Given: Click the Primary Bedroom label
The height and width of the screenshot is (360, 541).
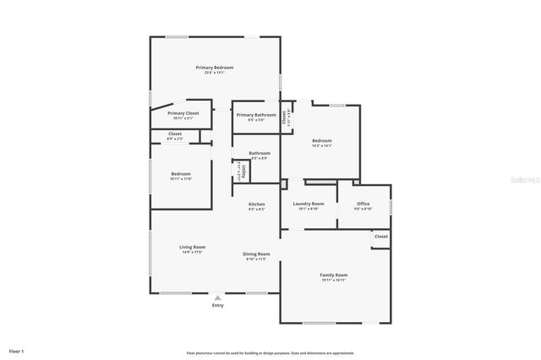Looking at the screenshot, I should (215, 67).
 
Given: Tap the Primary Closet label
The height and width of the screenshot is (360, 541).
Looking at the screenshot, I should (183, 113).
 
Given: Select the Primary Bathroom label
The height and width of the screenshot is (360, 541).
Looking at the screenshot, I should (256, 115).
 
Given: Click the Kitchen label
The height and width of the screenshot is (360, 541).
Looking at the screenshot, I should (256, 204).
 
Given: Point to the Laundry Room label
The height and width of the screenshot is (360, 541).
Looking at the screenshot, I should (309, 204).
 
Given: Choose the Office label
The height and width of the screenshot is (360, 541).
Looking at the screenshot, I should (363, 204).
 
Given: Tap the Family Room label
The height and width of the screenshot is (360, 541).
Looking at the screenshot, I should (333, 275).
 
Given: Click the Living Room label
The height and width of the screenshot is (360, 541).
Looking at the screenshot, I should (192, 247).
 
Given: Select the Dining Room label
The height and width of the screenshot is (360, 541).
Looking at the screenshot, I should (256, 254).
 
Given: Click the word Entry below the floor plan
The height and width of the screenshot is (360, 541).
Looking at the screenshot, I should (218, 305).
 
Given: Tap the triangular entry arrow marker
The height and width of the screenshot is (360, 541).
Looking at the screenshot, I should (218, 297).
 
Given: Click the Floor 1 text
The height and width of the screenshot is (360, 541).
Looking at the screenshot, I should (17, 350).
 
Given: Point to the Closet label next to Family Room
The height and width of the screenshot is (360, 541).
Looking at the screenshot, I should (381, 237).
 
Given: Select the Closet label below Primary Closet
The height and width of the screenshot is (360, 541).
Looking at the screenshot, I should (175, 134).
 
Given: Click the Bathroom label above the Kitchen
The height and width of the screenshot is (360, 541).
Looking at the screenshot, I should (260, 153).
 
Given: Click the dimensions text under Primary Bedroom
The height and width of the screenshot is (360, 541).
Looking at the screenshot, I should (215, 73).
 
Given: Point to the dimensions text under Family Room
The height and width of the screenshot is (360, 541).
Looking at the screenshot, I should (333, 281).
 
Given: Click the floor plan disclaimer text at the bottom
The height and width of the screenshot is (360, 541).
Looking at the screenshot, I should (270, 352).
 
